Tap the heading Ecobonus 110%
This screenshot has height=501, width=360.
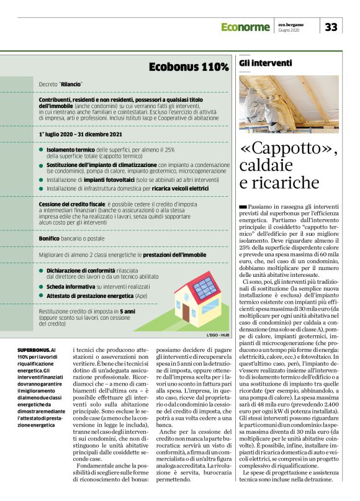point(189,66)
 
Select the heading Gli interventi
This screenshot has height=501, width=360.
point(266,63)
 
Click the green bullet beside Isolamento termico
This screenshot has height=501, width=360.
point(41,150)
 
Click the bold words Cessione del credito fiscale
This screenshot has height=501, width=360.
point(72,204)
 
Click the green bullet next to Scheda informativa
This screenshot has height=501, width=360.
point(41,286)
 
